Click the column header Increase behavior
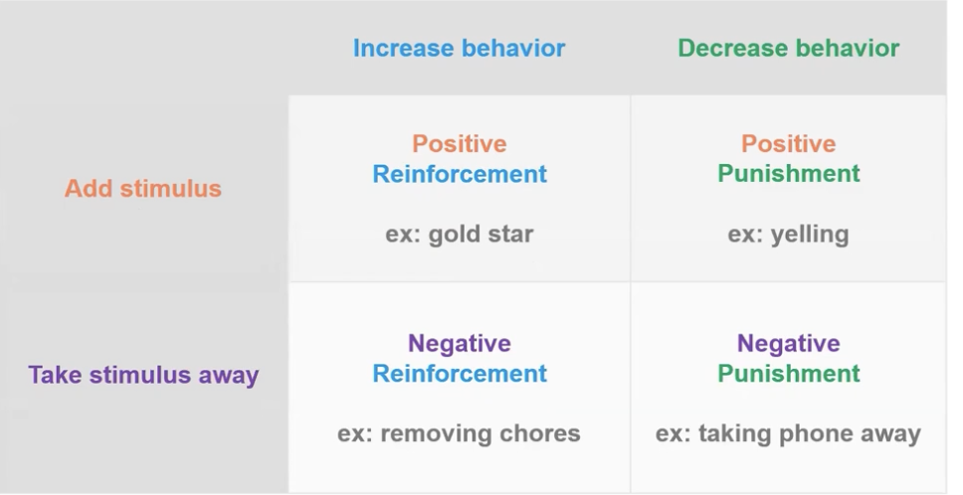(459, 48)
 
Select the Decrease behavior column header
(789, 48)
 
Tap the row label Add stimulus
(143, 188)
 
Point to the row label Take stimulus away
(143, 375)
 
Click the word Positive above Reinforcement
(460, 143)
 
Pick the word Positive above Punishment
(789, 143)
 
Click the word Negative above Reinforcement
(460, 343)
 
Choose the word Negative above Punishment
(789, 343)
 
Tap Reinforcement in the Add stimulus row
(460, 174)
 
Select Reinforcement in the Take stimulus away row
(460, 373)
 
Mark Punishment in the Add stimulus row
(789, 174)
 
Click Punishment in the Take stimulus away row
(789, 373)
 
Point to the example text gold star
(481, 235)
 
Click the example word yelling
(810, 235)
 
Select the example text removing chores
(481, 433)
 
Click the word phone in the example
(816, 434)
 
